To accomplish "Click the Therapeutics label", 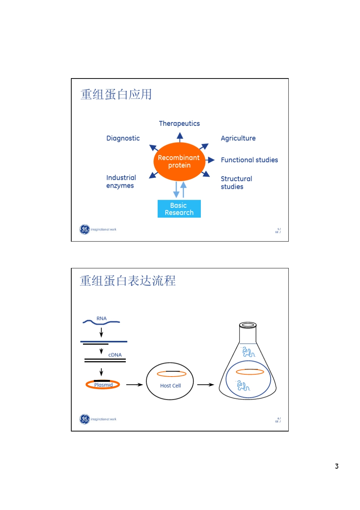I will pyautogui.click(x=179, y=124).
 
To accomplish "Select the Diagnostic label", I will pyautogui.click(x=123, y=138).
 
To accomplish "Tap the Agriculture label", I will pyautogui.click(x=238, y=138).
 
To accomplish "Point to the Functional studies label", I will pyautogui.click(x=249, y=160).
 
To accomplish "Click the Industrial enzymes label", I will pyautogui.click(x=121, y=182).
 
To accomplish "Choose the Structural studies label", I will pyautogui.click(x=236, y=183).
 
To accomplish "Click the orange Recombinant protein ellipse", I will pyautogui.click(x=179, y=162).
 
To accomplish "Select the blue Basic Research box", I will pyautogui.click(x=179, y=209).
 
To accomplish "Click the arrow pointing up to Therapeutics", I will pyautogui.click(x=180, y=137).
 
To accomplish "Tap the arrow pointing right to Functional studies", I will pyautogui.click(x=210, y=160).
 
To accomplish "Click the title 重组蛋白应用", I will pyautogui.click(x=116, y=94).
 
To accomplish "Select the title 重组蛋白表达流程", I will pyautogui.click(x=128, y=281).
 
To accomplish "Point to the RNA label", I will pyautogui.click(x=102, y=319).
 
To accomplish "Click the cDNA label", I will pyautogui.click(x=115, y=355).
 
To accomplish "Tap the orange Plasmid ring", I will pyautogui.click(x=103, y=385).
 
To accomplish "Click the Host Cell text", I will pyautogui.click(x=171, y=386).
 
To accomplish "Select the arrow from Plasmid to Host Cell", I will pyautogui.click(x=134, y=384).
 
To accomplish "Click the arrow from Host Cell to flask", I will pyautogui.click(x=206, y=384).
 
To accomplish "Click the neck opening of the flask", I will pyautogui.click(x=248, y=325).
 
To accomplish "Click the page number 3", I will pyautogui.click(x=337, y=466).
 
